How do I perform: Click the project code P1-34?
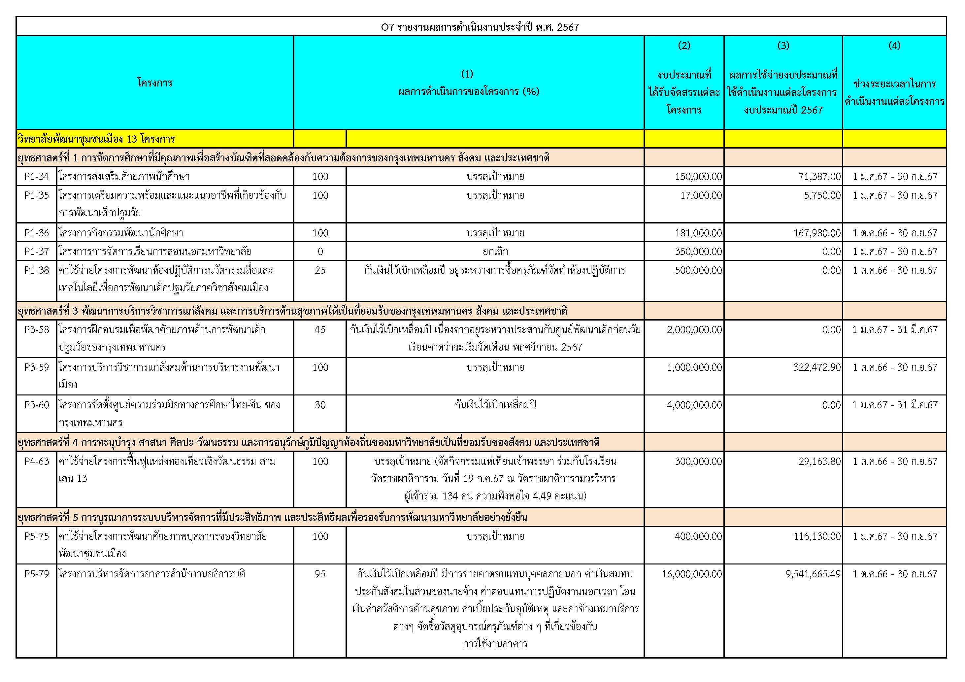(37, 177)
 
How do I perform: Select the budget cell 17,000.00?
(701, 195)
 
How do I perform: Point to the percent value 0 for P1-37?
(320, 252)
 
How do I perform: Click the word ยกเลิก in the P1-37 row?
(495, 252)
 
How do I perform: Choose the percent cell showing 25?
(320, 270)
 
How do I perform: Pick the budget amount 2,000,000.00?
(694, 330)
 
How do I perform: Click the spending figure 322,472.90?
(816, 367)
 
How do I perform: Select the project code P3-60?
(37, 405)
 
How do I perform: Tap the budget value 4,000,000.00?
(694, 405)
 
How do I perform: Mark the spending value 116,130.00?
(816, 536)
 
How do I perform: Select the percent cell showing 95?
(320, 574)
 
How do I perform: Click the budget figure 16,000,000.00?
(691, 574)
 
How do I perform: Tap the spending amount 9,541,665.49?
(813, 574)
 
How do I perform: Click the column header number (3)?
(783, 46)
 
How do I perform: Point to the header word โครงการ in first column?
(155, 83)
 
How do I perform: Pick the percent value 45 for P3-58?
(320, 330)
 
